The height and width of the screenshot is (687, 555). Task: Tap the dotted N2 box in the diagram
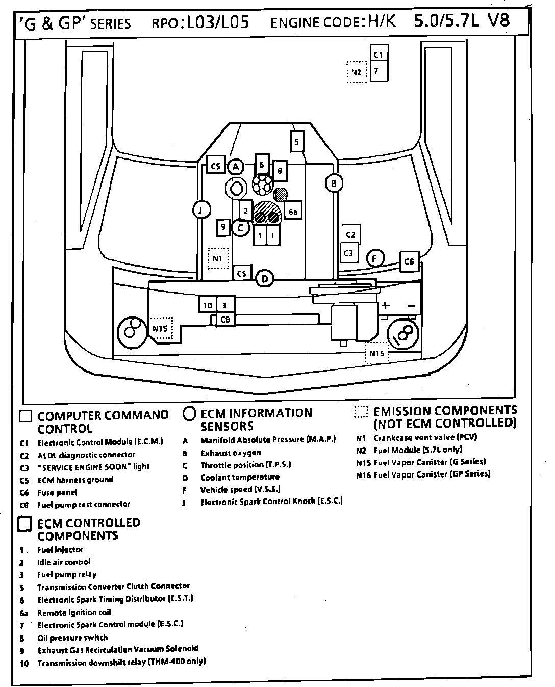356,72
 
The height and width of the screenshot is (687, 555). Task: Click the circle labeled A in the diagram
235,166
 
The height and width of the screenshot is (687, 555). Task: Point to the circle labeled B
334,183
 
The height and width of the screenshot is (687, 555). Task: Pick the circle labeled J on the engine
201,209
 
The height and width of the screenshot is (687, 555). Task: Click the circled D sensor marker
264,279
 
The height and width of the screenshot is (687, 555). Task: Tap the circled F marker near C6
375,258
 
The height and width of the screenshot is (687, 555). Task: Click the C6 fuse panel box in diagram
409,261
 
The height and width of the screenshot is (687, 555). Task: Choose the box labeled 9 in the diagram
222,227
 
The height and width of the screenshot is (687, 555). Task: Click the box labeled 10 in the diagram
208,305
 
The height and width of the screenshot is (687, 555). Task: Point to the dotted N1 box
218,258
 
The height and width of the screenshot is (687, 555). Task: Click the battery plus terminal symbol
386,305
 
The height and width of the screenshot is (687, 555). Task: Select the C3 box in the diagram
349,253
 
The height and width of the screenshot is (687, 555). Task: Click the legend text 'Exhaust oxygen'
231,453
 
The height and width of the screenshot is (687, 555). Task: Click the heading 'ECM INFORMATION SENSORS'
256,419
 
